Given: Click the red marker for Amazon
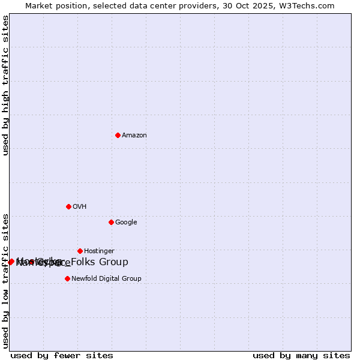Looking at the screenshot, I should (118, 135).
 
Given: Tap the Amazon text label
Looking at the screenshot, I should (134, 136).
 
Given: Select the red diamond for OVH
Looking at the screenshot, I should (68, 206).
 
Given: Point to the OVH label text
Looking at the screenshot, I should (80, 207).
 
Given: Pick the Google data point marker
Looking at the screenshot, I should (111, 222).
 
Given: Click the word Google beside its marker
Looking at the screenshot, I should (126, 223).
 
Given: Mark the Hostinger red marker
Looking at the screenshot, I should (80, 251).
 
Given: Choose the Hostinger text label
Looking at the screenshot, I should (99, 251).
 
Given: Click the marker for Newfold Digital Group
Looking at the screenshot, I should (67, 278).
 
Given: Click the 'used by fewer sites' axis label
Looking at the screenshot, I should (62, 356).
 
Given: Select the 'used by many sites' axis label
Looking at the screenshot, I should (301, 356).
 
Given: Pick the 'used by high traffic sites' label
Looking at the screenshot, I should (5, 85).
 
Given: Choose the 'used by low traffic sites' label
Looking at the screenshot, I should (5, 280).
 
